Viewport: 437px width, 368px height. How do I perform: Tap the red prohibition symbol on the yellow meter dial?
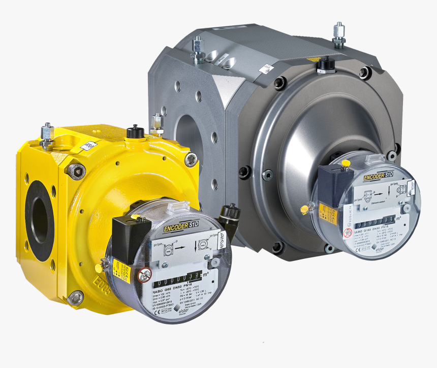(145, 275)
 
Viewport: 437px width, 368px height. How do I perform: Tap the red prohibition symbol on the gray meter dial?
(348, 233)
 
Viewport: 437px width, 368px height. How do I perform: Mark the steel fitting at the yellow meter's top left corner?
(47, 135)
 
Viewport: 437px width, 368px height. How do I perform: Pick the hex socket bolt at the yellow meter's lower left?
(76, 297)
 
